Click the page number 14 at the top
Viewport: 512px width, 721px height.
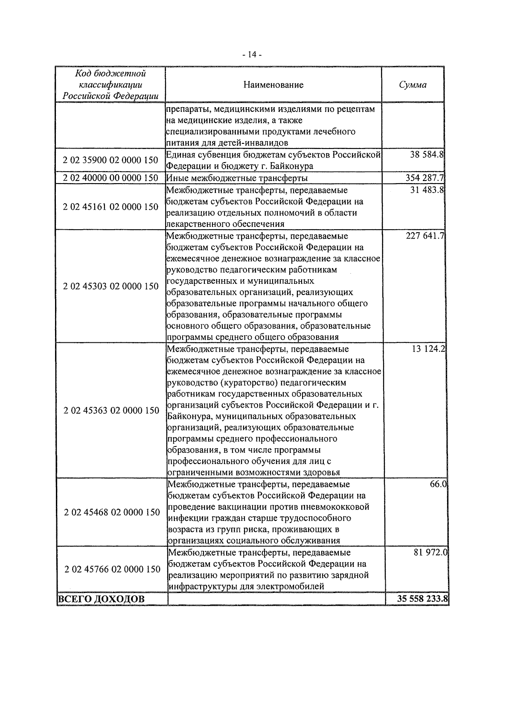252,55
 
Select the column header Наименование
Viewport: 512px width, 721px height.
273,85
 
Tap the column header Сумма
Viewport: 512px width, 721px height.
413,85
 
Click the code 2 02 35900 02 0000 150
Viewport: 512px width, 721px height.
111,161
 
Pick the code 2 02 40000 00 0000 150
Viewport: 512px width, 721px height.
111,178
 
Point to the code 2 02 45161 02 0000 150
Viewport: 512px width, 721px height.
111,207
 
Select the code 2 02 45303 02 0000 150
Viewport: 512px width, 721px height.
111,286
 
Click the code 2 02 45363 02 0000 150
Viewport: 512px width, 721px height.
111,410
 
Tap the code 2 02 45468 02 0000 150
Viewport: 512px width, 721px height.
112,512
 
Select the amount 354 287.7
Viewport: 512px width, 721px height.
425,178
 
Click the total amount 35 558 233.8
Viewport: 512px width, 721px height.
422,599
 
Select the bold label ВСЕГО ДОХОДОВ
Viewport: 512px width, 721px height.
101,599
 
